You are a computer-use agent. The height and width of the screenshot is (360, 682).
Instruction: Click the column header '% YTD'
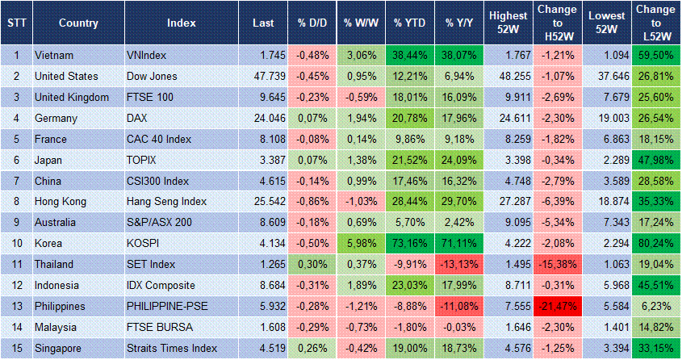click(408, 23)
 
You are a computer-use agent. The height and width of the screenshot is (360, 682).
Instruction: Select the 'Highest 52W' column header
click(508, 23)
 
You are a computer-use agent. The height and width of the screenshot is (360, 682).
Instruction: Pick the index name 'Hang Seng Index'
click(167, 202)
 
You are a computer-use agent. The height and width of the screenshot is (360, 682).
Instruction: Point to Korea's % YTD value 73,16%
click(410, 244)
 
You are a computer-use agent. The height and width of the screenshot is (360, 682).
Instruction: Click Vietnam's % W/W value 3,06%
click(362, 56)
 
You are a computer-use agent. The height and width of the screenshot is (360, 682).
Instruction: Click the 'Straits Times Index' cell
click(172, 349)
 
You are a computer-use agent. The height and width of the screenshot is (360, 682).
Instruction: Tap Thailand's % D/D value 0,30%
click(312, 265)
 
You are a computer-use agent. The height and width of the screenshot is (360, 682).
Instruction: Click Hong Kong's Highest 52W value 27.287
click(508, 202)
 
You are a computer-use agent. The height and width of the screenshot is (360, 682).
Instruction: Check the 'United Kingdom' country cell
click(72, 98)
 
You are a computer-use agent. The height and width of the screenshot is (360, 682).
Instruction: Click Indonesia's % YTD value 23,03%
click(410, 286)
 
